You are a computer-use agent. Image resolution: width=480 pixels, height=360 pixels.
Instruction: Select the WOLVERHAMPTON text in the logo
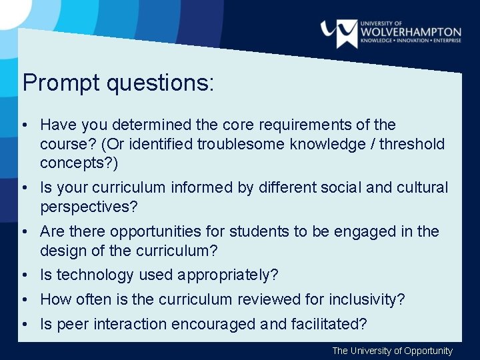coord(411,31)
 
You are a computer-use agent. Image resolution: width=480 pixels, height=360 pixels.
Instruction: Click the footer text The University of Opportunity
coord(392,351)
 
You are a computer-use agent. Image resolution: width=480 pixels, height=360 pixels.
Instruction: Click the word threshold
coord(412,144)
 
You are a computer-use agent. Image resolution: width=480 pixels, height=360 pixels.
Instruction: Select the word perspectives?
coord(89,207)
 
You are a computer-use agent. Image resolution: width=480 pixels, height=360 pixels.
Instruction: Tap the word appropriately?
coord(226,275)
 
